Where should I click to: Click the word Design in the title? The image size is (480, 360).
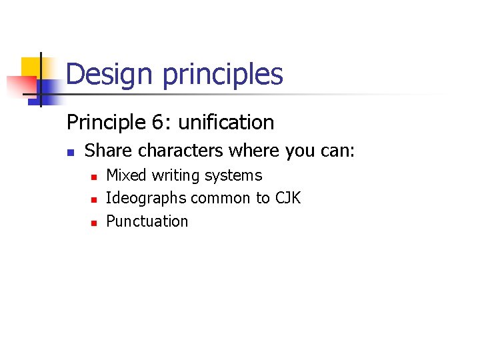click(x=111, y=75)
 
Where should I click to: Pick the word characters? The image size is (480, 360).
click(x=175, y=151)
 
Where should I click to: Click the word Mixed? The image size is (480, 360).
click(x=127, y=175)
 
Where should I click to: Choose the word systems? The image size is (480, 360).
click(x=233, y=176)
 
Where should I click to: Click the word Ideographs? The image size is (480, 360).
click(x=146, y=199)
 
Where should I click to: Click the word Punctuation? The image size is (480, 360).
click(x=147, y=221)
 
